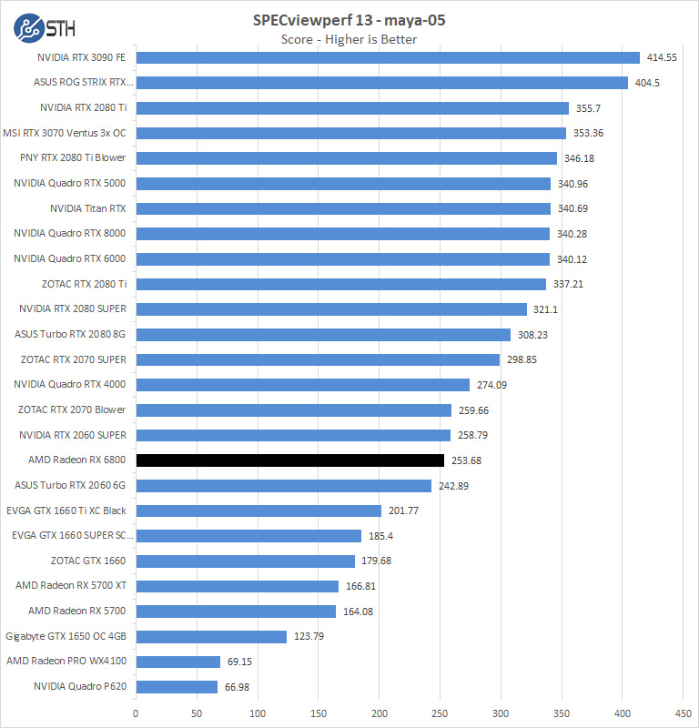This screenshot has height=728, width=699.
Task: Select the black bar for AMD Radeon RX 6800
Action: tap(289, 460)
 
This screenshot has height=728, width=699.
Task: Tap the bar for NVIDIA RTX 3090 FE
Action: tap(388, 57)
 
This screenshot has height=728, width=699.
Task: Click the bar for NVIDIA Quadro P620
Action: tap(177, 686)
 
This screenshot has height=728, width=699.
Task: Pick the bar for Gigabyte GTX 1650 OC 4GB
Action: tap(211, 636)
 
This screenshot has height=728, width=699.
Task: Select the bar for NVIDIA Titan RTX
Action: tap(343, 208)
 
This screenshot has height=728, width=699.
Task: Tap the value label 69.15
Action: tap(238, 662)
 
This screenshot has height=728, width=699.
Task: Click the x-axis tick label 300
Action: tap(501, 713)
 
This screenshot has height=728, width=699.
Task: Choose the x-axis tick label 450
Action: tap(683, 713)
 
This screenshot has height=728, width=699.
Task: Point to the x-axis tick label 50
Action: tap(197, 713)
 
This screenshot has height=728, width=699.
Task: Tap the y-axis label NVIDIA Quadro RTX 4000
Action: tap(70, 384)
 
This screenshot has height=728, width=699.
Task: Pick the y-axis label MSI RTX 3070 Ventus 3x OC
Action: tap(70, 133)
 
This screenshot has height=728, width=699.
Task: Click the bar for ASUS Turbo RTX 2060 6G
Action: tap(283, 485)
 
